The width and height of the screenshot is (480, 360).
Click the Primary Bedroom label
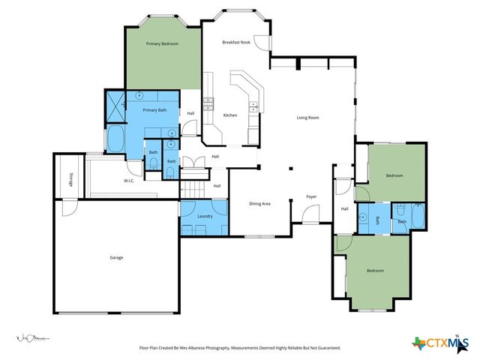(x=162, y=44)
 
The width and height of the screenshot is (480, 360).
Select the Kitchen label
(x=230, y=115)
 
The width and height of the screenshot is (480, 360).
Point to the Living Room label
(x=308, y=118)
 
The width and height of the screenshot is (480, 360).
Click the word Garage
(x=116, y=257)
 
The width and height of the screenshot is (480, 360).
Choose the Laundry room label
(x=205, y=217)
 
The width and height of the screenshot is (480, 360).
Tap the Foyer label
(x=311, y=197)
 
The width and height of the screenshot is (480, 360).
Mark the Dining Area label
(x=259, y=203)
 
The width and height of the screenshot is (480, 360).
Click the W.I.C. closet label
(x=129, y=181)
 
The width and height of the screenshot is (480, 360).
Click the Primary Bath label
(x=155, y=110)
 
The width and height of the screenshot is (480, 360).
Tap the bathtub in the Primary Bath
(x=116, y=139)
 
